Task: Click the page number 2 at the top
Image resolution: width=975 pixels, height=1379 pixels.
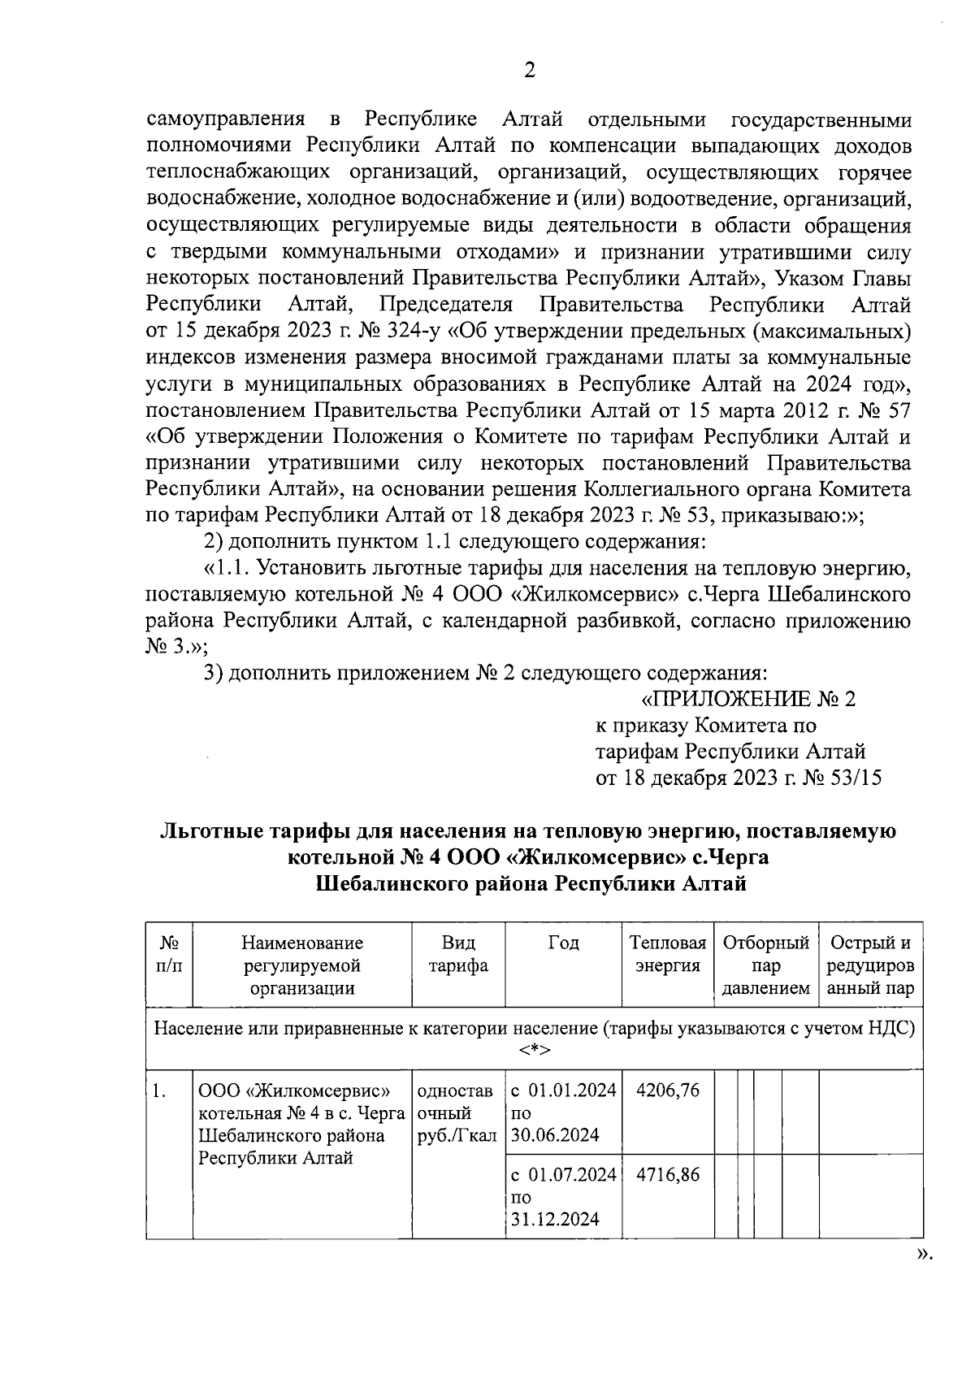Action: click(x=529, y=71)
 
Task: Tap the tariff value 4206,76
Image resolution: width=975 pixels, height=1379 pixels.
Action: click(x=668, y=1090)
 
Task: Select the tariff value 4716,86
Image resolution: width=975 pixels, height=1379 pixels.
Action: click(x=668, y=1174)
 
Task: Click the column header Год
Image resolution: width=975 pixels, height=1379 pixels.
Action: click(x=563, y=943)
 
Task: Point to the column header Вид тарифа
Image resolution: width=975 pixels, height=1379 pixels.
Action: click(x=458, y=954)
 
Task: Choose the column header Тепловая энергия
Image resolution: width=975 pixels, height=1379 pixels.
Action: click(x=668, y=954)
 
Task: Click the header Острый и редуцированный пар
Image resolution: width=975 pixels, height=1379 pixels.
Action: click(x=870, y=965)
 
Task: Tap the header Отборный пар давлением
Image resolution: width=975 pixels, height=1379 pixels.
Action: click(x=766, y=965)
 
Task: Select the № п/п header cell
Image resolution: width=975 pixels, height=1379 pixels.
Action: click(x=169, y=954)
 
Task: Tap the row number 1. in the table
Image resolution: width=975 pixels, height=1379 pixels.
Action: click(x=159, y=1091)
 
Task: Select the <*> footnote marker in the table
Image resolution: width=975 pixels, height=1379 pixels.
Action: click(x=534, y=1051)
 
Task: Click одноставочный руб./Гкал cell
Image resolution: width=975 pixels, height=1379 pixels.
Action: click(x=457, y=1112)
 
